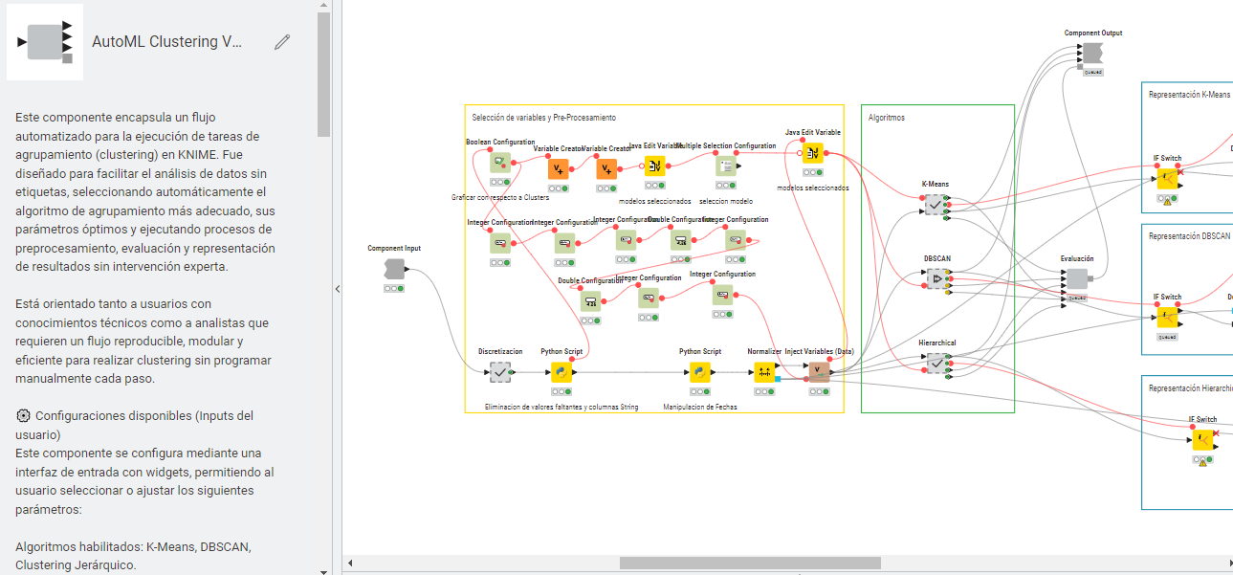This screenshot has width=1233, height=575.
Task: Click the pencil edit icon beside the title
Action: click(x=281, y=41)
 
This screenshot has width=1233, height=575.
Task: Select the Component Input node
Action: click(x=394, y=269)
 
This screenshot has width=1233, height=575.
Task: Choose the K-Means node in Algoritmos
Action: click(x=934, y=204)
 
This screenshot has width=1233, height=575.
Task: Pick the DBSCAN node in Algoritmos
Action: click(x=936, y=278)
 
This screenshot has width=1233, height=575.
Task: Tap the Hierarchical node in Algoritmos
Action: click(x=935, y=363)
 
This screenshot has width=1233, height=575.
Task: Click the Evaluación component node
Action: click(x=1076, y=278)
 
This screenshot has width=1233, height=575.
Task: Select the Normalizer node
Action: click(x=764, y=372)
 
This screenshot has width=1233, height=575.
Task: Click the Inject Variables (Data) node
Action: click(x=818, y=372)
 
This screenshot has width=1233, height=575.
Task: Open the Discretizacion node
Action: click(x=500, y=372)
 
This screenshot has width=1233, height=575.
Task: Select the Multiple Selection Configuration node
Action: click(x=726, y=166)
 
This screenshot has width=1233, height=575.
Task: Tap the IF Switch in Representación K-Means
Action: click(x=1167, y=179)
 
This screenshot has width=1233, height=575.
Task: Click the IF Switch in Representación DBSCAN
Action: click(x=1167, y=317)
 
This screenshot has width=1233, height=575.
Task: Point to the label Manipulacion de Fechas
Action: click(x=700, y=407)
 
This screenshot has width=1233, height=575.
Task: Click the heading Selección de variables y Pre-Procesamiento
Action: click(x=543, y=118)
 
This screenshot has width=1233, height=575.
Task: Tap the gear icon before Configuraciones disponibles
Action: click(x=23, y=416)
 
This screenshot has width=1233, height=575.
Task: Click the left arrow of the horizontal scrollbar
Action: click(x=350, y=563)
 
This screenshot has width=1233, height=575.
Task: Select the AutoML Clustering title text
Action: click(x=167, y=42)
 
